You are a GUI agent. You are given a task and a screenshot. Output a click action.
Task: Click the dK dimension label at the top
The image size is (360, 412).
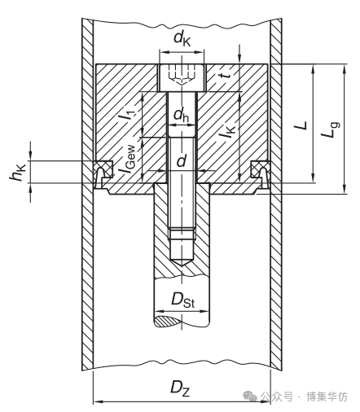pyautogui.click(x=182, y=39)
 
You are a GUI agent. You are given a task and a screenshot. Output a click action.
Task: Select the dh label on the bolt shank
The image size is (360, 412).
pyautogui.click(x=181, y=115)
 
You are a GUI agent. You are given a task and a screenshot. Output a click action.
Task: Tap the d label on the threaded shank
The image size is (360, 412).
pyautogui.click(x=182, y=161)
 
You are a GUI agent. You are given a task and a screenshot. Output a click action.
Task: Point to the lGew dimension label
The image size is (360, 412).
pyautogui.click(x=127, y=160)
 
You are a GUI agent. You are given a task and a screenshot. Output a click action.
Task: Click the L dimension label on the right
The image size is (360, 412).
pyautogui.click(x=301, y=125)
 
